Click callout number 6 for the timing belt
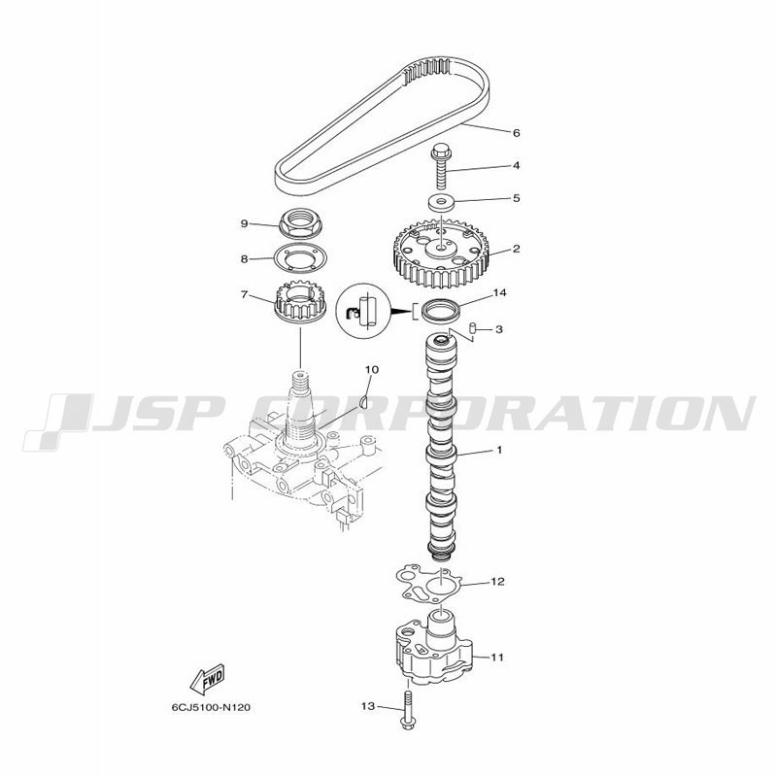coord(517,133)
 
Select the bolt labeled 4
coord(441,165)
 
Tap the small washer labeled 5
coord(442,202)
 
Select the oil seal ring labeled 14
coord(441,310)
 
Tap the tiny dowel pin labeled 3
coord(472,328)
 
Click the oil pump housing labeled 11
coord(433,645)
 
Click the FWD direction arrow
coord(208,678)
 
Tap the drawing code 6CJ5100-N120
coord(211,707)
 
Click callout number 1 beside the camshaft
coord(499,450)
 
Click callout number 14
coord(499,293)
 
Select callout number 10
coord(372,369)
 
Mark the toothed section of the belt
coord(427,70)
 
